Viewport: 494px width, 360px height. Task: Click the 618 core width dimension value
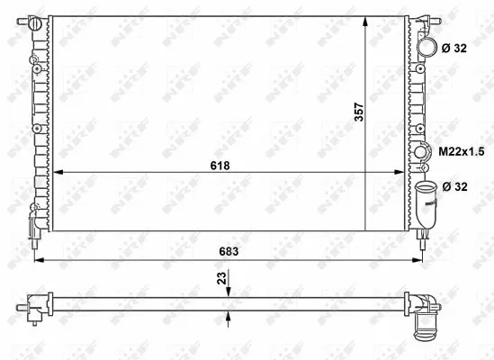[220, 166]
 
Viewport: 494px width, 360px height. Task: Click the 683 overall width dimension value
[229, 251]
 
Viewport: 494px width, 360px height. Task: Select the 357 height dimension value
[359, 112]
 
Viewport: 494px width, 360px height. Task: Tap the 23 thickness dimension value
[222, 278]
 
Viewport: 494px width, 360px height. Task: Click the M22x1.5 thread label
[462, 152]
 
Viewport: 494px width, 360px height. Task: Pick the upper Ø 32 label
[454, 49]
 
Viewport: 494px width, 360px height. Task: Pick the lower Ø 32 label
[455, 186]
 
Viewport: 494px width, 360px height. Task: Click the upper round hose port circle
[427, 48]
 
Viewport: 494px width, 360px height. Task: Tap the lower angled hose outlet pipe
[426, 204]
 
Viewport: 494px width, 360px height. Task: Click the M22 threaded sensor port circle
[420, 152]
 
